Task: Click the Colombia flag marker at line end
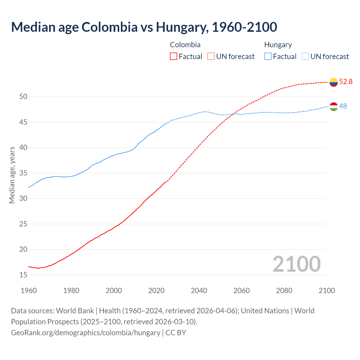point(334,82)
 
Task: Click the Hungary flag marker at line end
point(334,107)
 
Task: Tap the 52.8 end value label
point(346,82)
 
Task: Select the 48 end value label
point(343,106)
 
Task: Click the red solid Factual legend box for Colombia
point(174,57)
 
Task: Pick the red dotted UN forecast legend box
point(211,57)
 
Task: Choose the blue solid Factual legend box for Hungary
point(268,57)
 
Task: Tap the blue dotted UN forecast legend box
point(305,57)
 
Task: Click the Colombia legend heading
point(185,45)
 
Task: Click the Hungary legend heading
point(278,45)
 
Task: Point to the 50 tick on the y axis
point(23,97)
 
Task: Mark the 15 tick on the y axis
point(23,275)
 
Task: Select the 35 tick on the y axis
point(23,173)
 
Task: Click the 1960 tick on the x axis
point(29,291)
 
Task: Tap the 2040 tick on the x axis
point(199,291)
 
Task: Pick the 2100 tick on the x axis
point(327,291)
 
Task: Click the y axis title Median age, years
point(12,175)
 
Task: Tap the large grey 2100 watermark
point(296,264)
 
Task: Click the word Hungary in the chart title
point(182,27)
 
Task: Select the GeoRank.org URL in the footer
point(85,333)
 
